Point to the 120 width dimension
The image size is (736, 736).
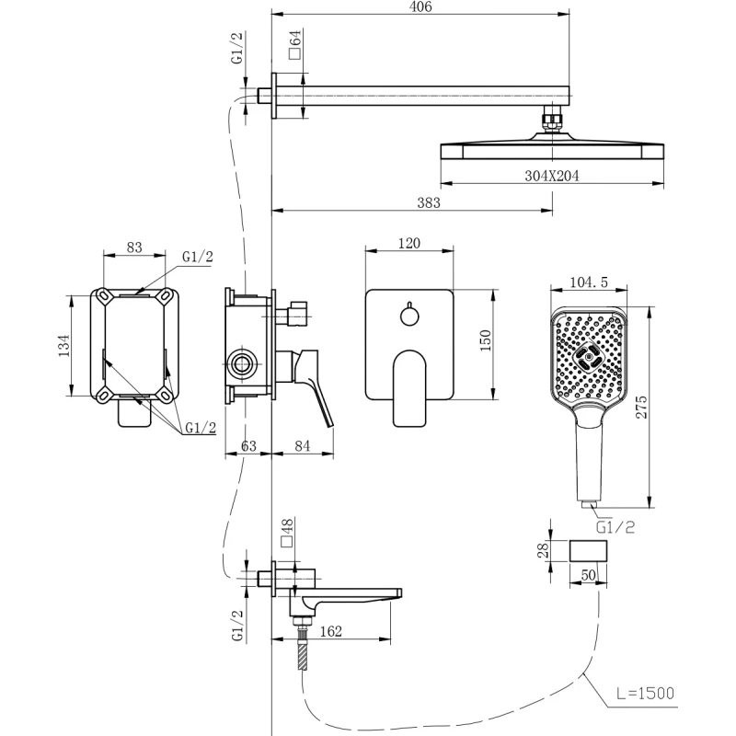(409, 243)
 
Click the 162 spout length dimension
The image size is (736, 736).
(331, 632)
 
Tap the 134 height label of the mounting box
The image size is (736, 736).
(64, 345)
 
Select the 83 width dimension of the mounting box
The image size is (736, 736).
(134, 247)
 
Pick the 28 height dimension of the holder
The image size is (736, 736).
(544, 551)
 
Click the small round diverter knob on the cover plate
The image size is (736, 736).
(408, 316)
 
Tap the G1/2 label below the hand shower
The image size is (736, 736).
(615, 528)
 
